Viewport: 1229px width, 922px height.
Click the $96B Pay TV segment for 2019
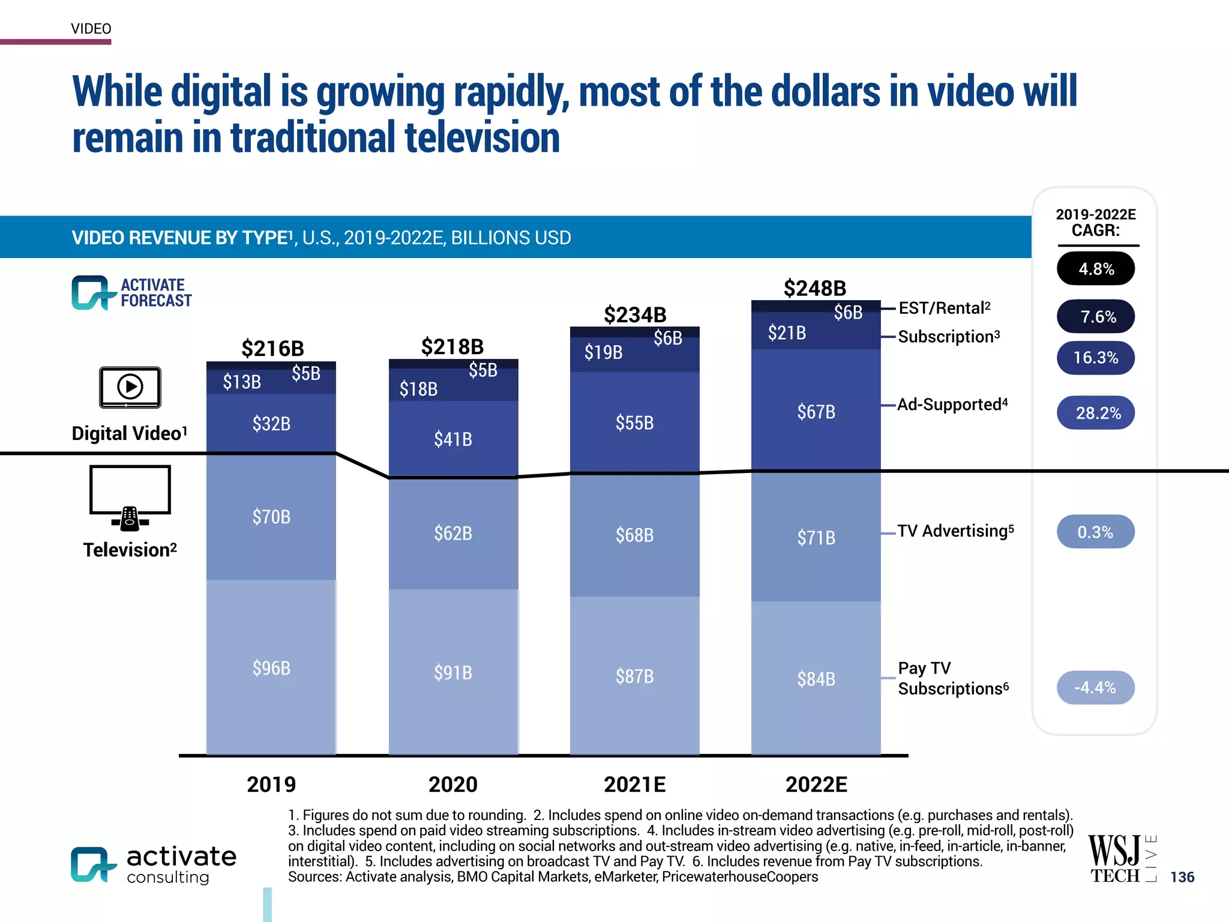tap(271, 667)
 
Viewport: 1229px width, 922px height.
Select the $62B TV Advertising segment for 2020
tap(453, 533)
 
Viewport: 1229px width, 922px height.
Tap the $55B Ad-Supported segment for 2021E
tap(634, 423)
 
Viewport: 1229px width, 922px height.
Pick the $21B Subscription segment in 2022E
tap(787, 333)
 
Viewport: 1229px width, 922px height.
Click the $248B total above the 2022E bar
tap(814, 288)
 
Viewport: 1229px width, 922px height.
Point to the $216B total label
tap(272, 348)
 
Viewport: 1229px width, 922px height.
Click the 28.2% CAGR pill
tap(1095, 413)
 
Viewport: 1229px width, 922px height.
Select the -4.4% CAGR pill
tap(1095, 687)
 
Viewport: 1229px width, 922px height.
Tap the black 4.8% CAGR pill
tap(1095, 269)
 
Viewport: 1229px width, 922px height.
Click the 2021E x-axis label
tap(634, 784)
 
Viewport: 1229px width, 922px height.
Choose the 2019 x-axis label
tap(271, 784)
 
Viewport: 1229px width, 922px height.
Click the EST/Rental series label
tap(944, 309)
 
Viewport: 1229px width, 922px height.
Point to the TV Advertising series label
tap(955, 531)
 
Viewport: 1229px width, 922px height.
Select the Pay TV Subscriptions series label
tap(952, 678)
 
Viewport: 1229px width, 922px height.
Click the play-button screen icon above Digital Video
tap(130, 387)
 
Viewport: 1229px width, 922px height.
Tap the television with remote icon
tap(130, 498)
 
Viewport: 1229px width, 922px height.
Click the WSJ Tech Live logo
tap(1121, 859)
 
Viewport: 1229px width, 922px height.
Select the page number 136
tap(1182, 877)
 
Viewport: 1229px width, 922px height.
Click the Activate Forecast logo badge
tap(131, 293)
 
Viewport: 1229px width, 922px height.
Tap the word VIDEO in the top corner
tap(91, 29)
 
